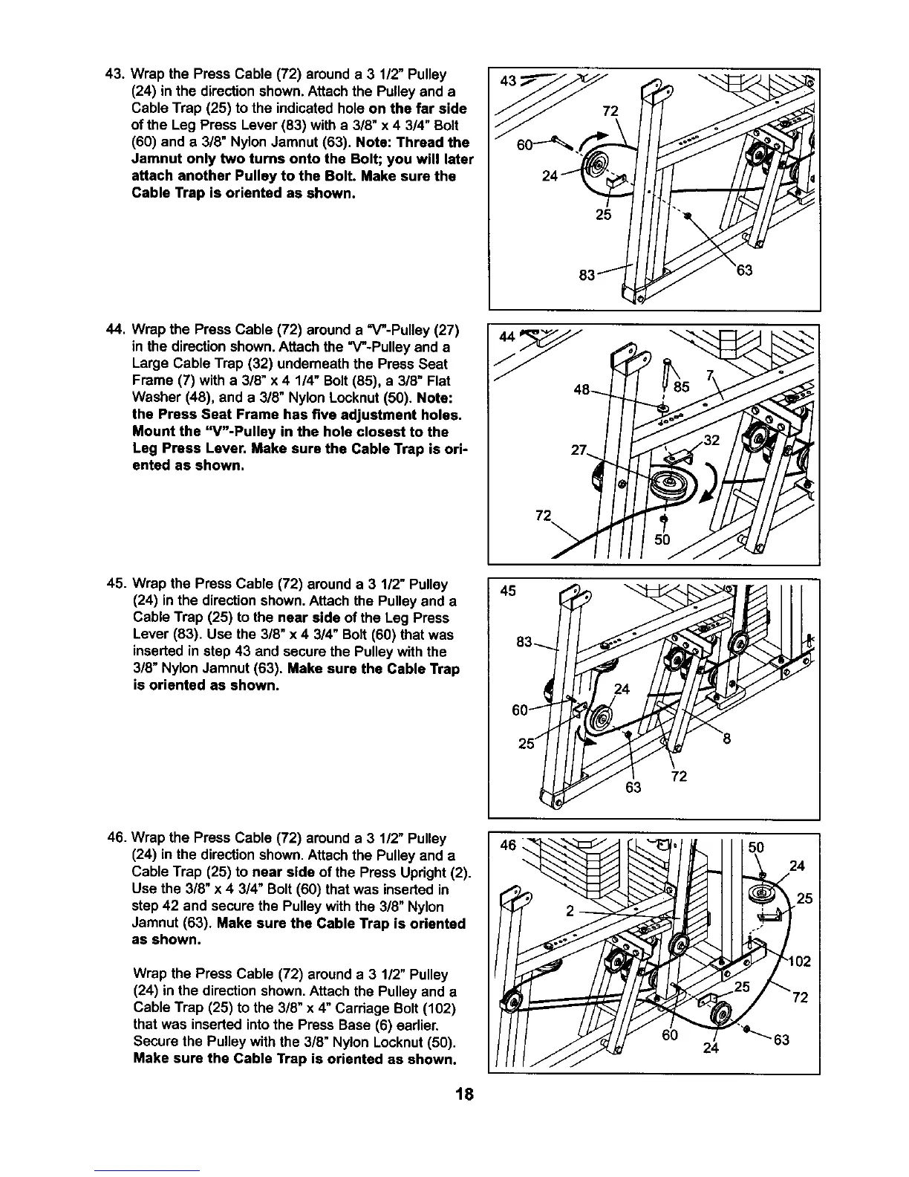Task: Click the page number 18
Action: click(465, 1095)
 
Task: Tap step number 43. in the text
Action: click(116, 74)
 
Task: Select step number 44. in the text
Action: click(116, 330)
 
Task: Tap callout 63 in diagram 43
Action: click(744, 270)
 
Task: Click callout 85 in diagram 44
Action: click(682, 386)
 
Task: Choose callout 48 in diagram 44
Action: click(583, 389)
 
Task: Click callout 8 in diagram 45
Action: click(727, 739)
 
